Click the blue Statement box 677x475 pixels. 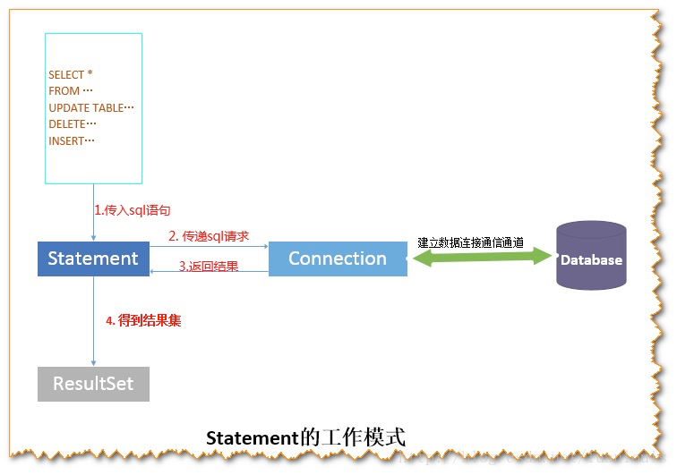click(93, 259)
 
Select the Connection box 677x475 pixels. click(338, 259)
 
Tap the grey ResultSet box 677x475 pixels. click(93, 384)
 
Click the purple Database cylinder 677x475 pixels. click(591, 256)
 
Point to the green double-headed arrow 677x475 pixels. click(481, 258)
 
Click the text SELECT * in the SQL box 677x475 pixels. click(71, 75)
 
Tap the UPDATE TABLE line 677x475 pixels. click(90, 107)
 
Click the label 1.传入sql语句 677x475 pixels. click(133, 210)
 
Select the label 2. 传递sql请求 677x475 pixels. click(209, 236)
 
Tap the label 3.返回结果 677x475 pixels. click(208, 266)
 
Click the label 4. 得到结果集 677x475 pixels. click(143, 319)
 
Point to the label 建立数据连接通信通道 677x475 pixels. click(470, 242)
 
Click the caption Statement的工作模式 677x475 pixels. click(305, 438)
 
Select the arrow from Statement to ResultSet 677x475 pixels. click(93, 340)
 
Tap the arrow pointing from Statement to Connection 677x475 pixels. click(209, 247)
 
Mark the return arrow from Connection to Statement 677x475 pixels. click(209, 272)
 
